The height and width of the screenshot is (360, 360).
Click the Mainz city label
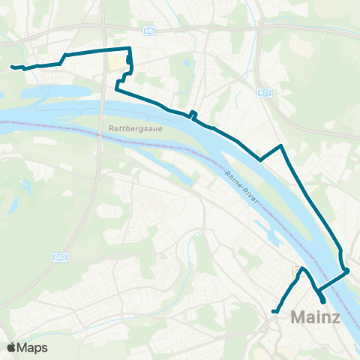tap(315, 317)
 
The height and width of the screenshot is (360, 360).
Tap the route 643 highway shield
tap(58, 257)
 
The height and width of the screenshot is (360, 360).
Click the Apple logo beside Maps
tap(11, 347)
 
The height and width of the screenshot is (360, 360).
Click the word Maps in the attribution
tap(33, 347)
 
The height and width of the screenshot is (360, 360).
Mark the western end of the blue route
tap(12, 67)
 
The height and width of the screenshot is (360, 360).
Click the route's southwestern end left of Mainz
tap(274, 311)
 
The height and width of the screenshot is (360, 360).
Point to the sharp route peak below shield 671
tap(280, 145)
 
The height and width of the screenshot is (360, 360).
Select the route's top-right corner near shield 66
tap(130, 49)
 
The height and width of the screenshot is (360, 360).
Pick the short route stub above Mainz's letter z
tap(322, 300)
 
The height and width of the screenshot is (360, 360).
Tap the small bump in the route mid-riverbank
tap(193, 114)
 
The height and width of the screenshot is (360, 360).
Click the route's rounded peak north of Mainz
tap(302, 269)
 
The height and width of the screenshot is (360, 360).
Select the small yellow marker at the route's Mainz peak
tap(295, 270)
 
